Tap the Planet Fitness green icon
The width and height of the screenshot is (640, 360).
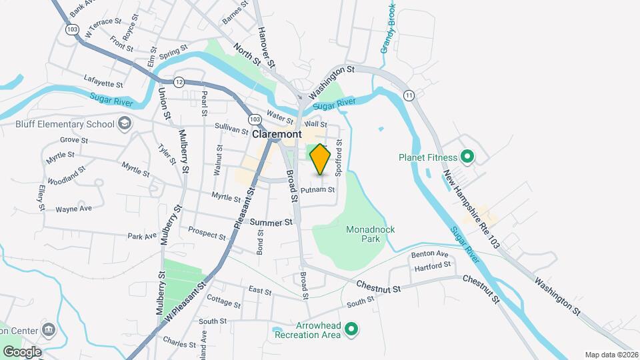coord(467,158)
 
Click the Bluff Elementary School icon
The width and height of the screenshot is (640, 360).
coord(124,123)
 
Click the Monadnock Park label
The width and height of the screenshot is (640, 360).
coord(371,234)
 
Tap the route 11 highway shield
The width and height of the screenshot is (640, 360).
coord(408,95)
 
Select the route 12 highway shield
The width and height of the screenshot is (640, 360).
coord(179,81)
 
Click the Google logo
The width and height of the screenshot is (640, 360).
coord(22,351)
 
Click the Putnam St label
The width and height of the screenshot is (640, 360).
coord(317,190)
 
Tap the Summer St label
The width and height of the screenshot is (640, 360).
coord(271,222)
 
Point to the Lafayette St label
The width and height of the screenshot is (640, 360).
coord(103,85)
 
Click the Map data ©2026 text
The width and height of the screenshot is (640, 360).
coord(611,355)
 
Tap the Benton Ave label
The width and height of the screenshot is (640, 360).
coord(430,254)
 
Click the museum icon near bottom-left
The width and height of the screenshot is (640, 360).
coord(48,329)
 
